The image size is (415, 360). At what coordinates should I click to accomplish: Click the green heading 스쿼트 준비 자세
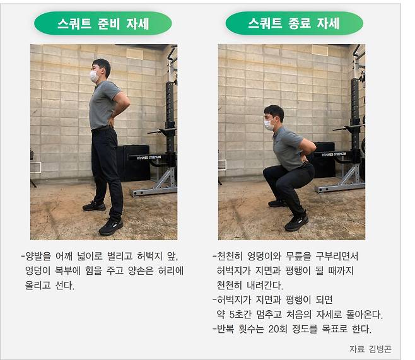point(103,23)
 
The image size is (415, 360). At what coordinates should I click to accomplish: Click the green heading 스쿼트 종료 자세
point(294,23)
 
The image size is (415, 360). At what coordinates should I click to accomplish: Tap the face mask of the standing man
point(93,76)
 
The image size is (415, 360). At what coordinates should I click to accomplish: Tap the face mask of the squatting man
point(269,124)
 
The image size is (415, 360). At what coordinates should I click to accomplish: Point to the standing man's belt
point(102,129)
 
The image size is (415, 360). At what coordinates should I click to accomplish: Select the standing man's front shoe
point(110,227)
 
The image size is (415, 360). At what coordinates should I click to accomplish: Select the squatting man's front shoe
point(296,223)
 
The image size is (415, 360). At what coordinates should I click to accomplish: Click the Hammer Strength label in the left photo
point(148,158)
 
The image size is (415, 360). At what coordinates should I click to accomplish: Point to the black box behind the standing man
point(134,163)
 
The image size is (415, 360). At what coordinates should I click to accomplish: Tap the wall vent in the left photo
point(36,167)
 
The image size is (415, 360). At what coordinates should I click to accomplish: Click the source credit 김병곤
point(380,349)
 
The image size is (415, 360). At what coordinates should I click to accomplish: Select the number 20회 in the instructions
point(278,328)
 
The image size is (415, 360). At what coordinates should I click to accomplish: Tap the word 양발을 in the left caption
point(38,256)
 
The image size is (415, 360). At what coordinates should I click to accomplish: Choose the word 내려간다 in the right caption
point(264,285)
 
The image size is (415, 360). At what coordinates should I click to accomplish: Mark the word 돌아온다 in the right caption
point(364,314)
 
